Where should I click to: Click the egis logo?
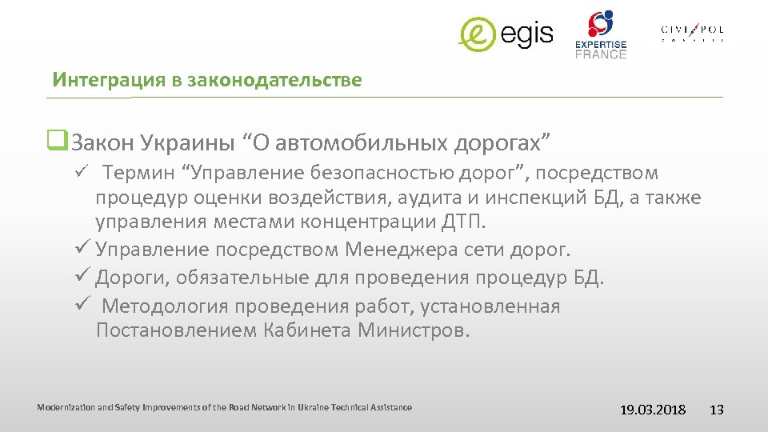point(506,34)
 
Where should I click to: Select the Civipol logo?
point(692,32)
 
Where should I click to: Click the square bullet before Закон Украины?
point(56,142)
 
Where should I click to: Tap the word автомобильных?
point(362,143)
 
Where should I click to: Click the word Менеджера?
point(402,250)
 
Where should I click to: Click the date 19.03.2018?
point(653,410)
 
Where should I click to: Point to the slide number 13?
point(717,410)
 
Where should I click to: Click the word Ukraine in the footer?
point(312,407)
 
